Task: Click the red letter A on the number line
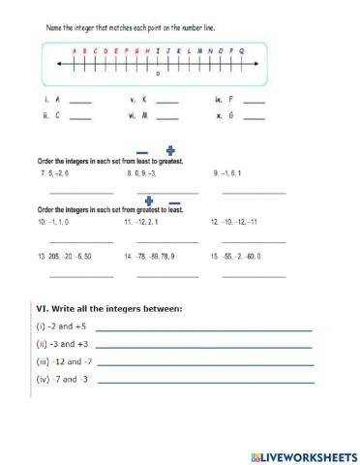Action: click(75, 49)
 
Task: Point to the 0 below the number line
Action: click(158, 75)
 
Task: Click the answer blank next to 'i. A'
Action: click(81, 103)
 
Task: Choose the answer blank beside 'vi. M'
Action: click(166, 119)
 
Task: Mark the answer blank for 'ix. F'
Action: click(254, 103)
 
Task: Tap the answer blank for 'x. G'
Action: click(254, 119)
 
